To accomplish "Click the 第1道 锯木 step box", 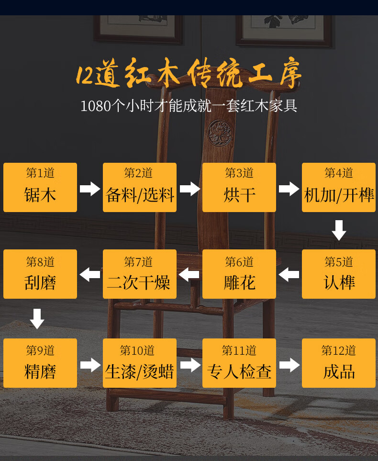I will [x=40, y=187].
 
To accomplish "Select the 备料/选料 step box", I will [x=140, y=187].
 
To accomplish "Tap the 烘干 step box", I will [x=239, y=187].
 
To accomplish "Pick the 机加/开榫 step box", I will [x=339, y=187].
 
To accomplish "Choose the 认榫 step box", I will [x=339, y=274].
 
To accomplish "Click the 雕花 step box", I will [x=239, y=274].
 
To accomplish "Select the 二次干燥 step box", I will [x=140, y=274].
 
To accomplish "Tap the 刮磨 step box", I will [x=40, y=274].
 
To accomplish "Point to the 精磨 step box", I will [x=40, y=363].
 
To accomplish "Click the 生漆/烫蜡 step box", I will [x=140, y=363].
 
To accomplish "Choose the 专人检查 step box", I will [x=239, y=363].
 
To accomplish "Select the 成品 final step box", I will [x=339, y=363].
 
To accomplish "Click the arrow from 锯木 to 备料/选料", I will [x=90, y=189].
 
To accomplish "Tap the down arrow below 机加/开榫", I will [x=339, y=230].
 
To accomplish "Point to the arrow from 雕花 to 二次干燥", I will [x=189, y=275].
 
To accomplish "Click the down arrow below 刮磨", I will [x=37, y=319].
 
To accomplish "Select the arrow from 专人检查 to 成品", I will [x=289, y=365].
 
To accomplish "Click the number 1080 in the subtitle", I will [x=96, y=106].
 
